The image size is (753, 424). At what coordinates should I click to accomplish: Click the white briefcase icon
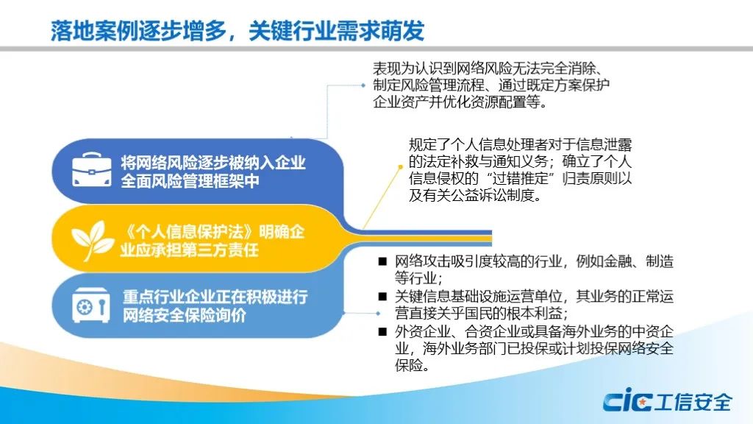91,170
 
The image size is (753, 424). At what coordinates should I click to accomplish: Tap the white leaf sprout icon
92,241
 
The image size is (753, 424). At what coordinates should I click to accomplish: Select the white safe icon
90,305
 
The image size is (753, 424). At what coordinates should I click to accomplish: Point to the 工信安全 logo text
693,402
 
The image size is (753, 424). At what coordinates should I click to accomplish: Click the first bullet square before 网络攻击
382,261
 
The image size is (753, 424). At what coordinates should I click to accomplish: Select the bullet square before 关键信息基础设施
382,297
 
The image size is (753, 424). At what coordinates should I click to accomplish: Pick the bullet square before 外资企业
382,331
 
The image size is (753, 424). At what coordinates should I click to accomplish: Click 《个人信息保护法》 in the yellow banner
189,232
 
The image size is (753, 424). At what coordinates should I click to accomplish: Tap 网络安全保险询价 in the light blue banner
185,315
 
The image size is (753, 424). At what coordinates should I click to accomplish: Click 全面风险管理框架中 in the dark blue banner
190,181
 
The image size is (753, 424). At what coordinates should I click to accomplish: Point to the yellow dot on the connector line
400,167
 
